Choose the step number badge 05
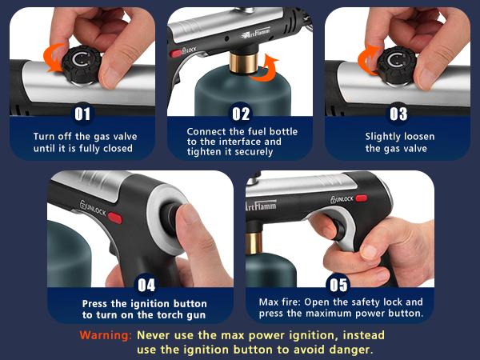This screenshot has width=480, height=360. click(x=339, y=283)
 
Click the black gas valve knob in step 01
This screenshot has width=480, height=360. click(x=82, y=62)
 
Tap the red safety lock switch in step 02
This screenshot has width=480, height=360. click(x=176, y=53)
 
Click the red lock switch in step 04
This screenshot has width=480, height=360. click(x=114, y=218)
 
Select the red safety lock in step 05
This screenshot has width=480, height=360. click(x=362, y=198)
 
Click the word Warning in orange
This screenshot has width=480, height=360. click(x=105, y=334)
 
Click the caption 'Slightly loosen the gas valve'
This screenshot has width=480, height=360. click(x=398, y=142)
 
